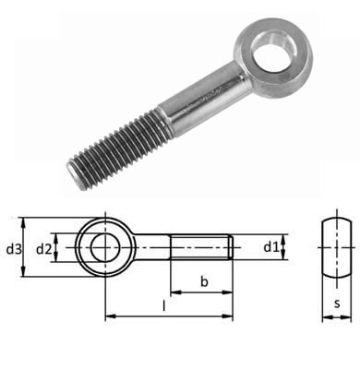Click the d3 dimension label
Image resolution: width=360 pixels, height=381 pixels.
(14, 249)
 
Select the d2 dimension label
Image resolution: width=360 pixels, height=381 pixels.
(44, 249)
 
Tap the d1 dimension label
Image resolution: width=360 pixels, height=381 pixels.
(271, 246)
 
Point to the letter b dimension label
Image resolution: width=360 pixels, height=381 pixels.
(204, 281)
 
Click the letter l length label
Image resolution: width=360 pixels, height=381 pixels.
(164, 305)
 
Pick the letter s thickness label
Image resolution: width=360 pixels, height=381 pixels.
(337, 304)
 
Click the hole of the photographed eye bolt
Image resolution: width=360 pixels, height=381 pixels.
(275, 48)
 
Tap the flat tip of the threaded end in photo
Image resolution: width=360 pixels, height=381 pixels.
(75, 176)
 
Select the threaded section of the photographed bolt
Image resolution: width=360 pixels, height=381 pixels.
(118, 149)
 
